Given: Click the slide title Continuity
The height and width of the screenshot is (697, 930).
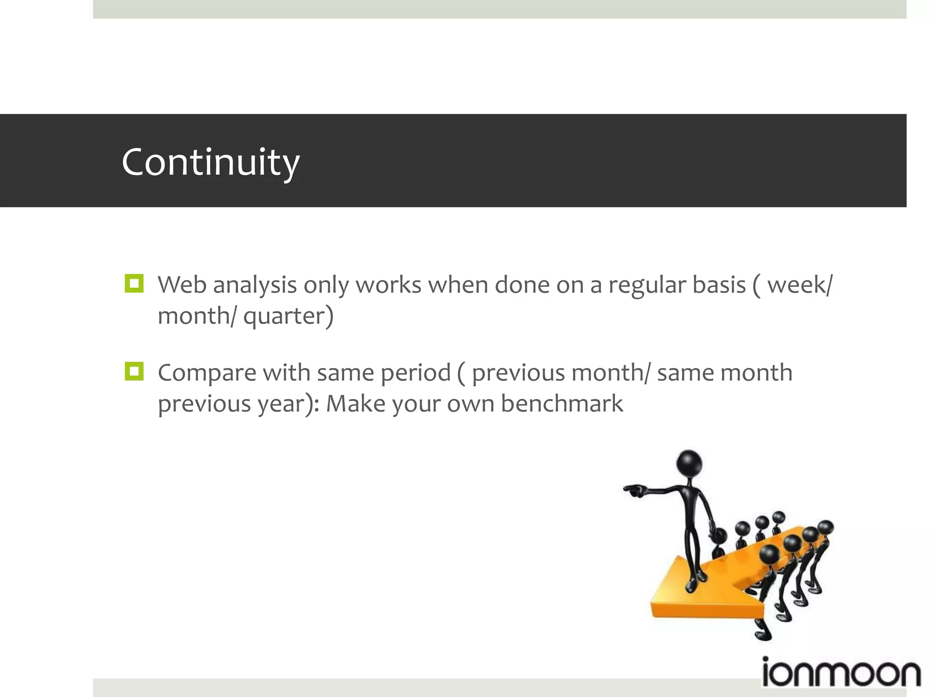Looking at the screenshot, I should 210,162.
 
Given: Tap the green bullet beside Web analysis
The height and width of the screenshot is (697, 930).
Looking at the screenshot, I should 134,284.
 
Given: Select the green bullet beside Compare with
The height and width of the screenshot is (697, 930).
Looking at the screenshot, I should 134,371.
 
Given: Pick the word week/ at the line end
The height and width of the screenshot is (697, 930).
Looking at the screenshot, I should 800,285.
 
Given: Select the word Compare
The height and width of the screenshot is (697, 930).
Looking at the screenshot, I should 207,373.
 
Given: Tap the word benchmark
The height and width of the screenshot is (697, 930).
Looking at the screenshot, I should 562,404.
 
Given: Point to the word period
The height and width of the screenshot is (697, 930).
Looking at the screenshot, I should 416,373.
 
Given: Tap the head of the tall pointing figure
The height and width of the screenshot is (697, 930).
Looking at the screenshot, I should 689,463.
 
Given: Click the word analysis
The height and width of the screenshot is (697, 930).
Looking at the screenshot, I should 255,286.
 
